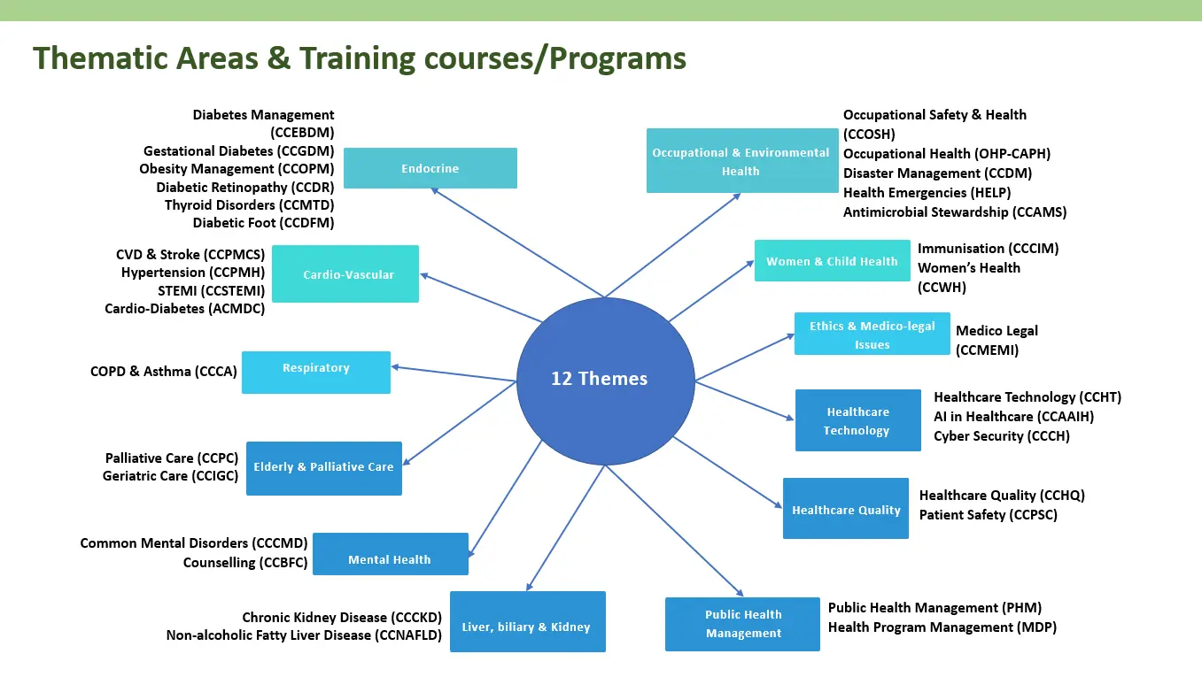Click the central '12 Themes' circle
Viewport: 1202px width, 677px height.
(x=605, y=381)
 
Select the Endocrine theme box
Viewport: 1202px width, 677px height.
(x=430, y=168)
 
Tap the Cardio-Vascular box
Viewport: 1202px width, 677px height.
(x=345, y=274)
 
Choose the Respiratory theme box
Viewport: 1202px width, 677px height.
(x=316, y=373)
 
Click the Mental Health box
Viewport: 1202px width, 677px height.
(x=391, y=554)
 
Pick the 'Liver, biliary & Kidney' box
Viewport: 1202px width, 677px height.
(x=528, y=622)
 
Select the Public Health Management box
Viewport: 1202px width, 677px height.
(x=742, y=624)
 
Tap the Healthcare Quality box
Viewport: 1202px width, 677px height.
(x=846, y=508)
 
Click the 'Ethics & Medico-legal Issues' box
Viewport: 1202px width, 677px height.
(x=872, y=334)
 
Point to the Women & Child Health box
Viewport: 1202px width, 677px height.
(x=833, y=260)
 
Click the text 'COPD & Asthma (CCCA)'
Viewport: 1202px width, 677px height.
(x=164, y=372)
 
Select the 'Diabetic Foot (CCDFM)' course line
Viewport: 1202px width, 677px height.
(x=263, y=223)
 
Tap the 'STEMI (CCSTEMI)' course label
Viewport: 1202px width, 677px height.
(x=212, y=291)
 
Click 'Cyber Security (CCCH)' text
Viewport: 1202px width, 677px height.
(x=1002, y=436)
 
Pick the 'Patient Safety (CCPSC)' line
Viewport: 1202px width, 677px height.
(x=989, y=515)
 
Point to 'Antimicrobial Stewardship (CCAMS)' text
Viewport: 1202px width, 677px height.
(x=955, y=212)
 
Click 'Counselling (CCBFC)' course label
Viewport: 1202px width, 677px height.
(x=245, y=563)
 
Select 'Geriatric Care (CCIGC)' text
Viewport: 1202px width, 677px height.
(x=170, y=476)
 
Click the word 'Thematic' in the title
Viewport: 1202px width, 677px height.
(x=100, y=58)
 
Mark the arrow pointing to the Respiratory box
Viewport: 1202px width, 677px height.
(x=454, y=374)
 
